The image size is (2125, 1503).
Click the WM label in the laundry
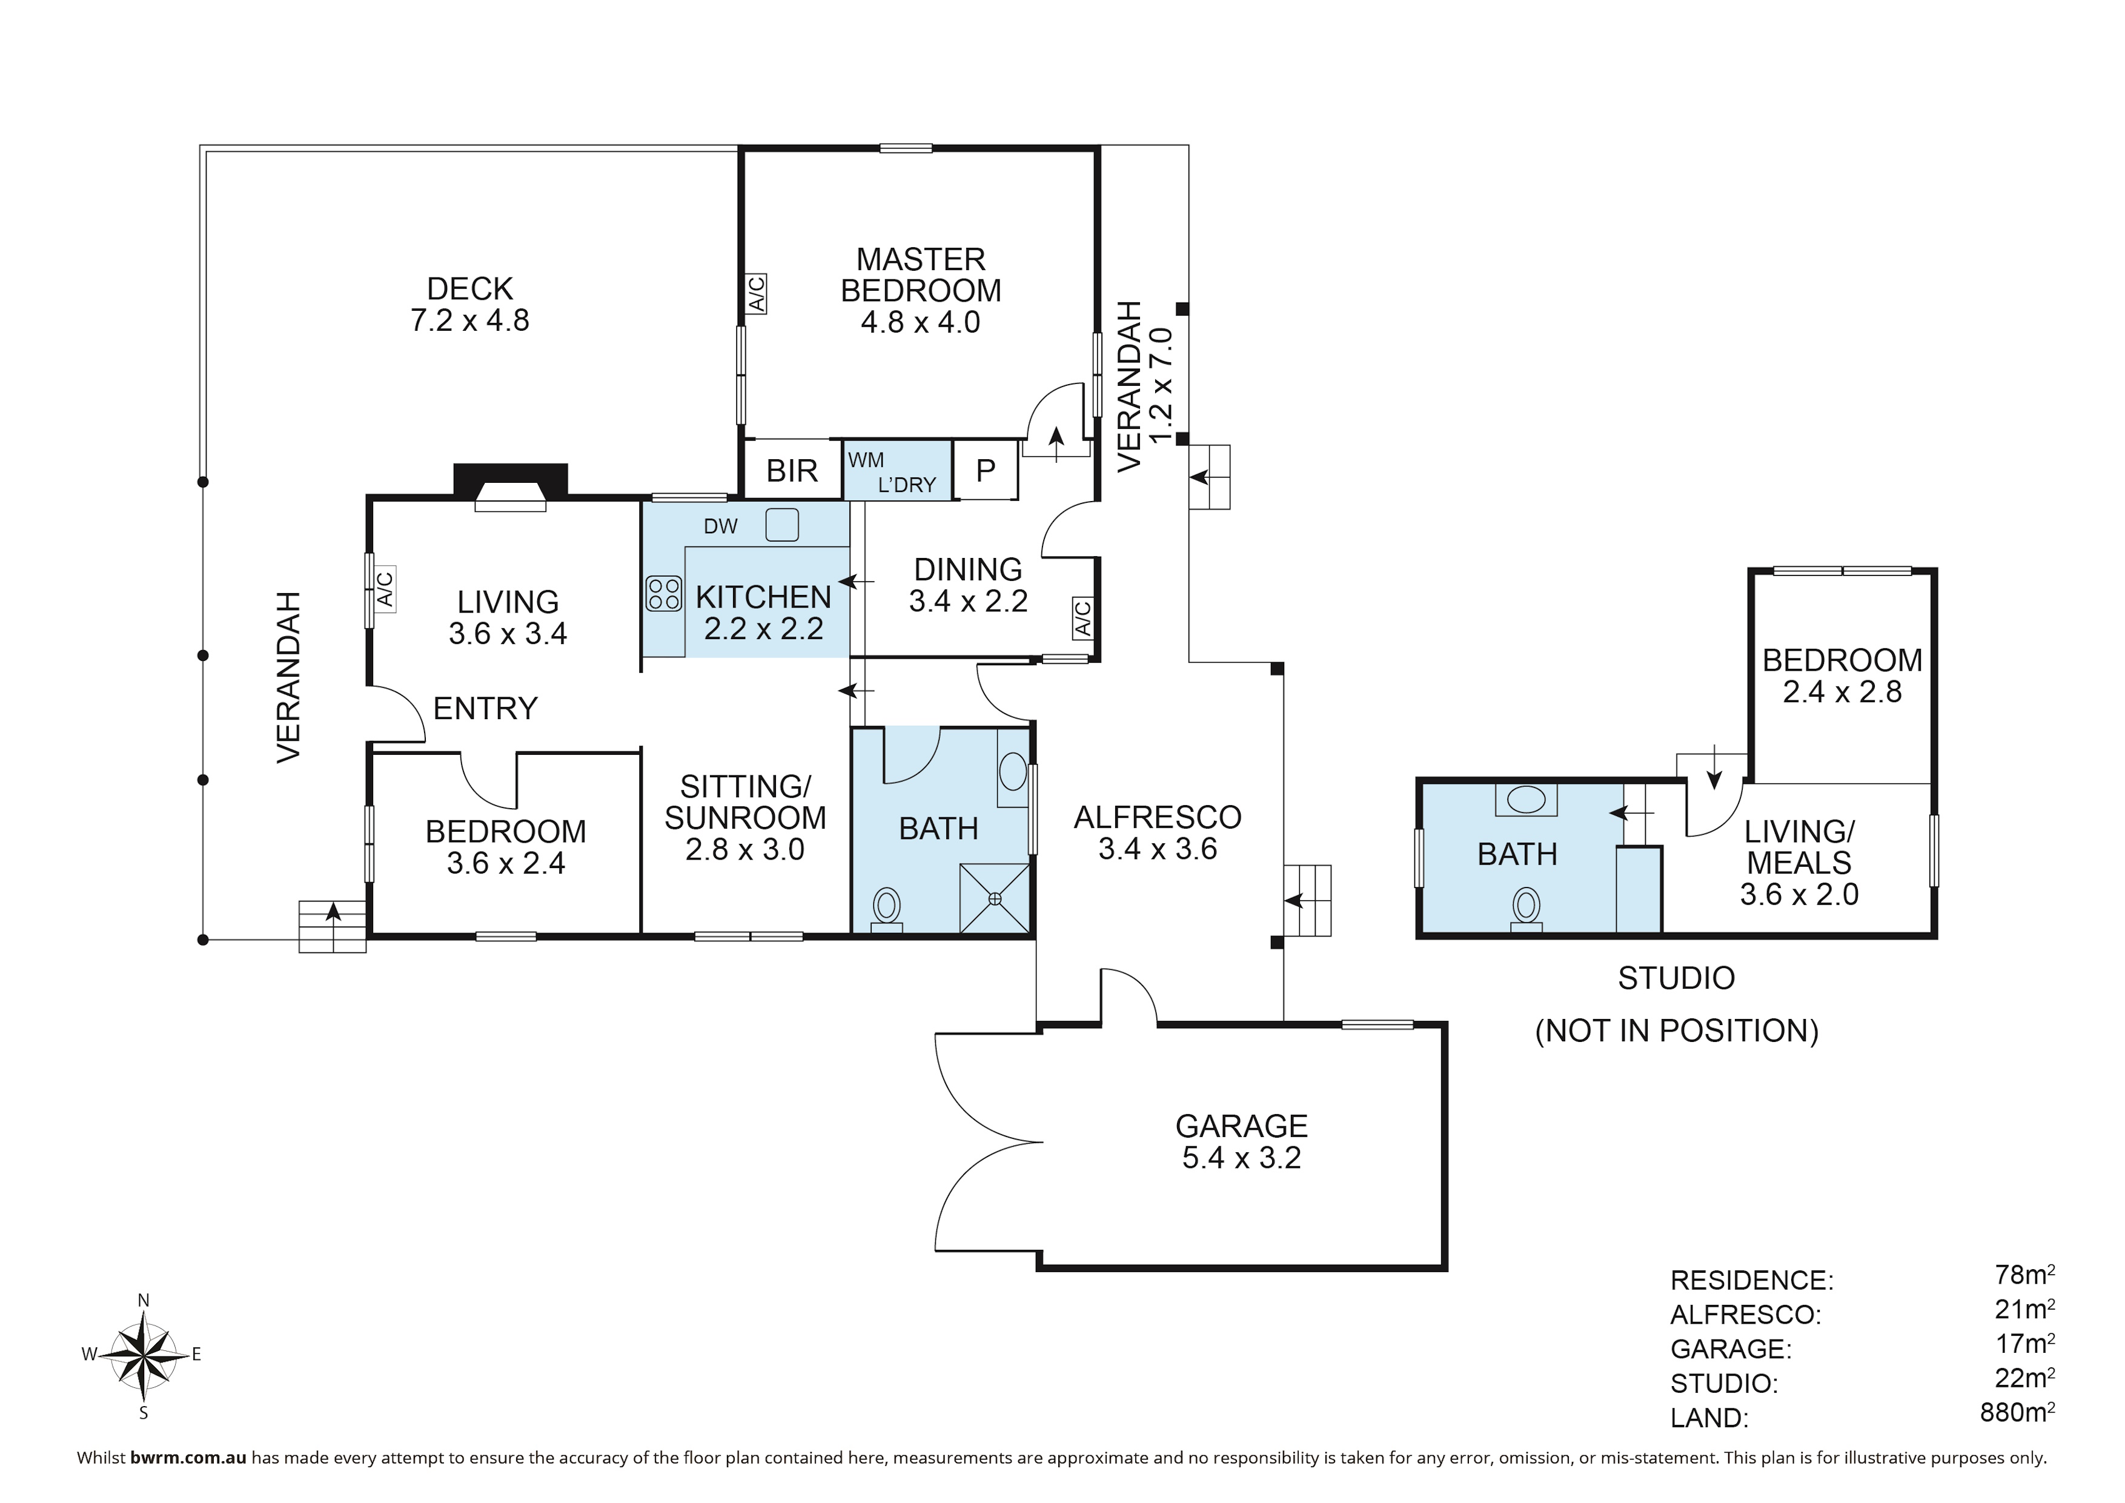tap(866, 460)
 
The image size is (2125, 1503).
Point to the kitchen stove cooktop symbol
tap(663, 593)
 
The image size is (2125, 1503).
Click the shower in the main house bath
tap(995, 898)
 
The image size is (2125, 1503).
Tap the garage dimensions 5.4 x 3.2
tap(1241, 1158)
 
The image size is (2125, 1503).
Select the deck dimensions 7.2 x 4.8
tap(469, 320)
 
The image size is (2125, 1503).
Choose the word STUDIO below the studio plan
tap(1676, 978)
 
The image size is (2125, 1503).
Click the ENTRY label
tap(485, 709)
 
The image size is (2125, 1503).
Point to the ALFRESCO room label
tap(1158, 817)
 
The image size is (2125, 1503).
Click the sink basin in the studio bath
tap(1526, 798)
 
